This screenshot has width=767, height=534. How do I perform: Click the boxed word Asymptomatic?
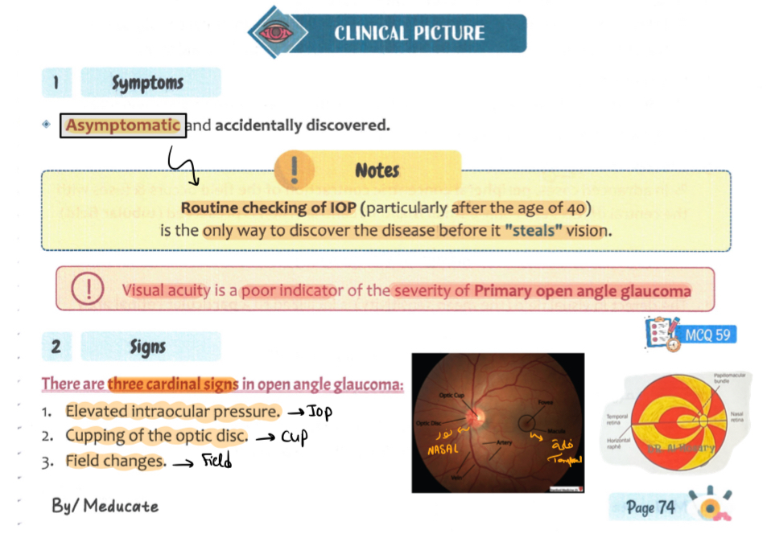(x=123, y=125)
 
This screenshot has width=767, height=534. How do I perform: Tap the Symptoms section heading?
(x=147, y=83)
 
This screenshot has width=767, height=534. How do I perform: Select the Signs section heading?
(x=147, y=347)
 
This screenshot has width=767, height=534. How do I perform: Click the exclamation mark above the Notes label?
(x=295, y=170)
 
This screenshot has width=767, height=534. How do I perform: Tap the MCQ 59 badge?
(x=707, y=334)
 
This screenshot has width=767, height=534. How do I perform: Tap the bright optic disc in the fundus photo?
(x=475, y=417)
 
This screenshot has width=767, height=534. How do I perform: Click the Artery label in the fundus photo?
(x=505, y=442)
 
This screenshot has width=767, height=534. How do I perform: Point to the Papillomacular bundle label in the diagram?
(x=723, y=379)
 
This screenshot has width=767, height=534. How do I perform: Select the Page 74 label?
(x=650, y=507)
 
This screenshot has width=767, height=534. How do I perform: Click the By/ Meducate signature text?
(x=105, y=506)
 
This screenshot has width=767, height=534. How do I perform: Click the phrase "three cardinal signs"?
(x=173, y=384)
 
